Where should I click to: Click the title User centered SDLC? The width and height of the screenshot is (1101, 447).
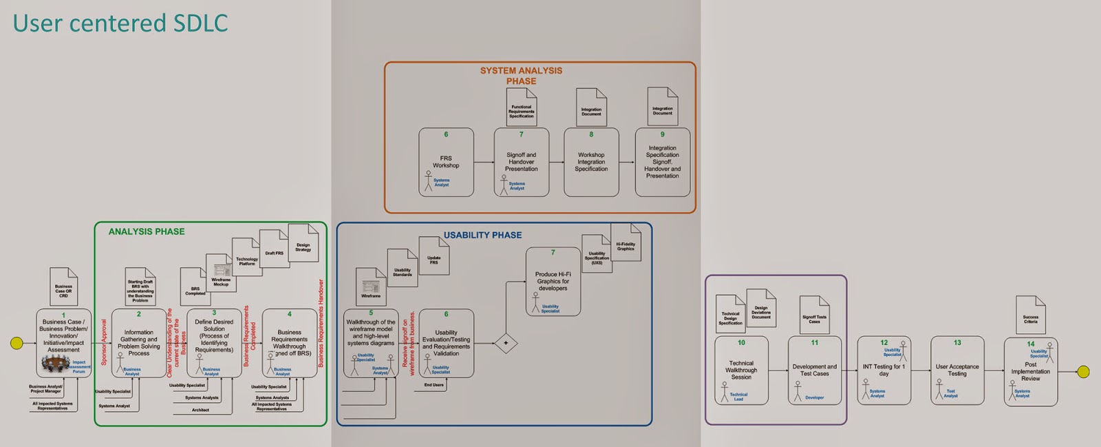pyautogui.click(x=120, y=23)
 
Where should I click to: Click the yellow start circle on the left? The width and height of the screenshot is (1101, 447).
pyautogui.click(x=17, y=342)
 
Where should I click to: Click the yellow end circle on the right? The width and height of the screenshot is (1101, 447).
pyautogui.click(x=1083, y=372)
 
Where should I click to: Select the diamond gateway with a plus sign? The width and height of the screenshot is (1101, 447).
pyautogui.click(x=506, y=343)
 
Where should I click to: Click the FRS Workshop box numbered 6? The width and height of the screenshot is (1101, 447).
pyautogui.click(x=446, y=163)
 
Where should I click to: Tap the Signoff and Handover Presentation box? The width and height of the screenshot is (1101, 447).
pyautogui.click(x=522, y=163)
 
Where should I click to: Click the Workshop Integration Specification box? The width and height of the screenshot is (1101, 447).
pyautogui.click(x=591, y=163)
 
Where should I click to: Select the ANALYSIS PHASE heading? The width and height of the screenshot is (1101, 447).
pyautogui.click(x=147, y=231)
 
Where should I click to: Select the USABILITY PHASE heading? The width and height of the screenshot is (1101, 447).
pyautogui.click(x=482, y=235)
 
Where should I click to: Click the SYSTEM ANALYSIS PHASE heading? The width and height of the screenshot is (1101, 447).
pyautogui.click(x=521, y=76)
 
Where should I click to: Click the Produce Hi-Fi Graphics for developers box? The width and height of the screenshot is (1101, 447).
pyautogui.click(x=553, y=282)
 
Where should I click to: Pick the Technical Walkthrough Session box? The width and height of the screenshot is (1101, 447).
pyautogui.click(x=741, y=371)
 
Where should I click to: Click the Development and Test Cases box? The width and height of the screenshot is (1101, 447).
pyautogui.click(x=815, y=371)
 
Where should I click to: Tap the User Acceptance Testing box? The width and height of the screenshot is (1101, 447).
pyautogui.click(x=957, y=371)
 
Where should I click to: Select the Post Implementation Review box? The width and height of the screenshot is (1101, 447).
pyautogui.click(x=1030, y=372)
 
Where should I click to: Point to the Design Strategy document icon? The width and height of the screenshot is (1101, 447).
pyautogui.click(x=303, y=243)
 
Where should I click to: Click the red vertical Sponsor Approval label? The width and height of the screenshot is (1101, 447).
pyautogui.click(x=104, y=342)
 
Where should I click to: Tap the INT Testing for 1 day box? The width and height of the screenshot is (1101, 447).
pyautogui.click(x=884, y=371)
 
